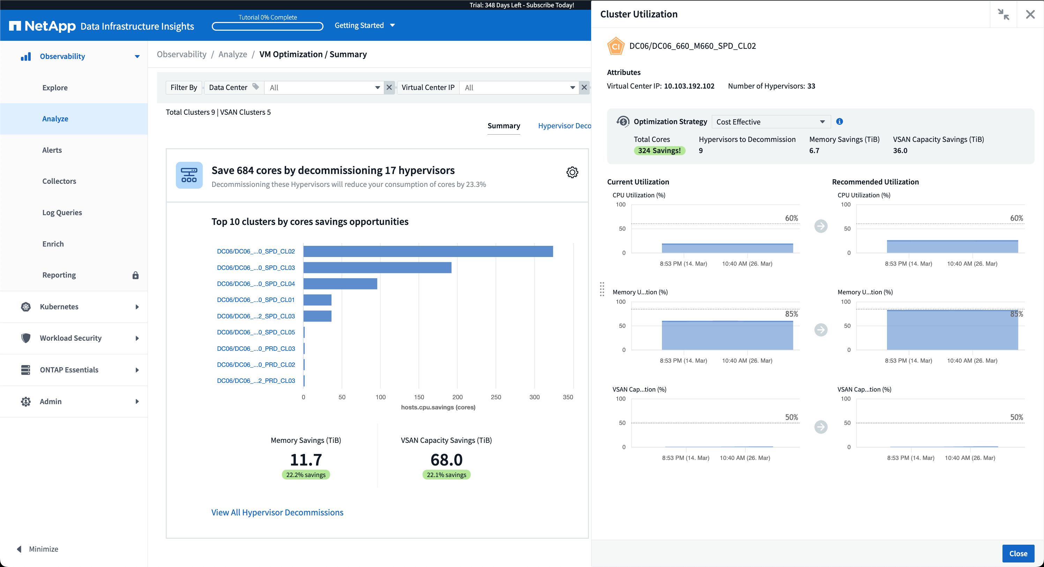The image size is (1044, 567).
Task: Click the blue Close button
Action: [1018, 553]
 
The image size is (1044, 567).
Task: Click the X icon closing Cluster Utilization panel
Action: [1030, 15]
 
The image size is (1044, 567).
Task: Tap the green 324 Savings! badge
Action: [659, 151]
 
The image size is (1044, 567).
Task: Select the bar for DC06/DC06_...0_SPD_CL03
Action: [377, 268]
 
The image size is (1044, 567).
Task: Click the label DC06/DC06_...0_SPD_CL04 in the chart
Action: [256, 284]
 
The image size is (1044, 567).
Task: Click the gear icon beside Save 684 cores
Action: [572, 173]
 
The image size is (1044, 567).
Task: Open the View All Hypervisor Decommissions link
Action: [277, 512]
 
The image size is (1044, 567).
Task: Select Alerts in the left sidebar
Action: [52, 150]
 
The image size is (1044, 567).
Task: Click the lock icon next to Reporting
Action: [135, 275]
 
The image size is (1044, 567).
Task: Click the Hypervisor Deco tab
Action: [564, 126]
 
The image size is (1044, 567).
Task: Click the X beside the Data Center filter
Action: [389, 88]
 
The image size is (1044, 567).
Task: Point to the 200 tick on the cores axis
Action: [457, 397]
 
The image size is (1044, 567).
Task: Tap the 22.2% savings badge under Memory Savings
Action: [306, 475]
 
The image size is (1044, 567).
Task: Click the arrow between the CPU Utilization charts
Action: [821, 226]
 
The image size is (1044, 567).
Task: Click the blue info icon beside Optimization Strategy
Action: [839, 121]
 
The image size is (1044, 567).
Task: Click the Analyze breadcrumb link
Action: [233, 54]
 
